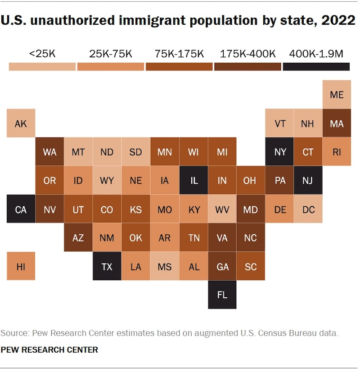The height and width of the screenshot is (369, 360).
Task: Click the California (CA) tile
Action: [21, 210]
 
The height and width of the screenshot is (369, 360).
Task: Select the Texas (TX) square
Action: [107, 267]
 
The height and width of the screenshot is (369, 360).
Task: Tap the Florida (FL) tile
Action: [222, 295]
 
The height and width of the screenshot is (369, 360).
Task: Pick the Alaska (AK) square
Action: [21, 123]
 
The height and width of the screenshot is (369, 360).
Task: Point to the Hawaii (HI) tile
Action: [21, 267]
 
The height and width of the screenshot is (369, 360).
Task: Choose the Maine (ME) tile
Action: [337, 95]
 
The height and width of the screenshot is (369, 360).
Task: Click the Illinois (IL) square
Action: [193, 181]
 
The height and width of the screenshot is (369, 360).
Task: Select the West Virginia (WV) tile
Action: [222, 210]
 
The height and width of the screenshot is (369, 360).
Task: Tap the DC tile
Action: [308, 210]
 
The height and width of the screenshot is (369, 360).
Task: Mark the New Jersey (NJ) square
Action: [308, 181]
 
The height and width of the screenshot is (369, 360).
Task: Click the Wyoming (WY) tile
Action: [107, 181]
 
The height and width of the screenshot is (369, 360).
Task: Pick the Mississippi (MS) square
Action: [164, 267]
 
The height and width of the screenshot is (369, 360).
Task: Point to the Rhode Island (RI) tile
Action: [337, 152]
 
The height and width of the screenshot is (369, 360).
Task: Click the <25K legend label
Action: [42, 54]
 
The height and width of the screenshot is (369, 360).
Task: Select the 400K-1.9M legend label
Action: [316, 54]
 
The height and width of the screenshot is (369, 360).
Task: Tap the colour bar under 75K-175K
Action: [179, 67]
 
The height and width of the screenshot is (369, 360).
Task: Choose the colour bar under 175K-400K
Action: [247, 67]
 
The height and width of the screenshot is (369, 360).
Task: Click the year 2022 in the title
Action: [338, 21]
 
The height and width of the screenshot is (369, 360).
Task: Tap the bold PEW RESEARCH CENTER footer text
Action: [49, 349]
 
